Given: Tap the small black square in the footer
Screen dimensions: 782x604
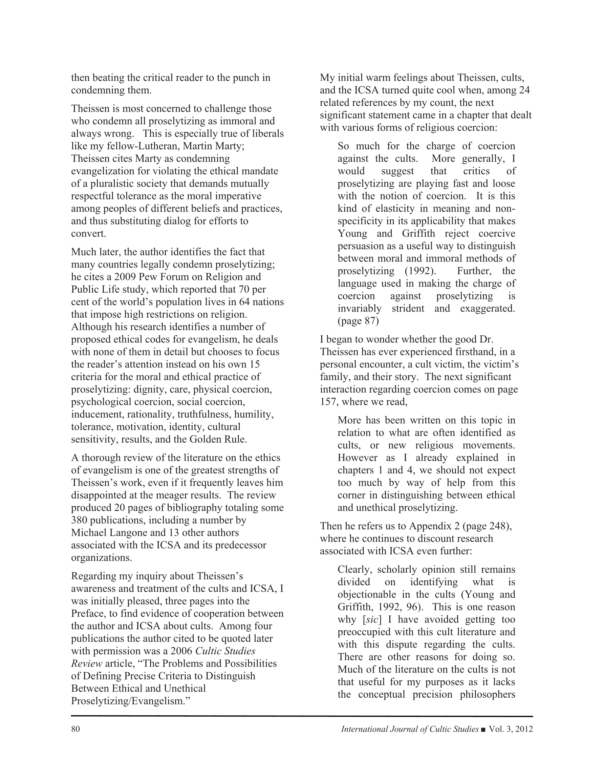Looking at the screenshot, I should click(x=483, y=730).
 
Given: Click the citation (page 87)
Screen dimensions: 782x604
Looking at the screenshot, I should click(x=358, y=321).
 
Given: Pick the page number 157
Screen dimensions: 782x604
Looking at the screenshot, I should click(x=328, y=402).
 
